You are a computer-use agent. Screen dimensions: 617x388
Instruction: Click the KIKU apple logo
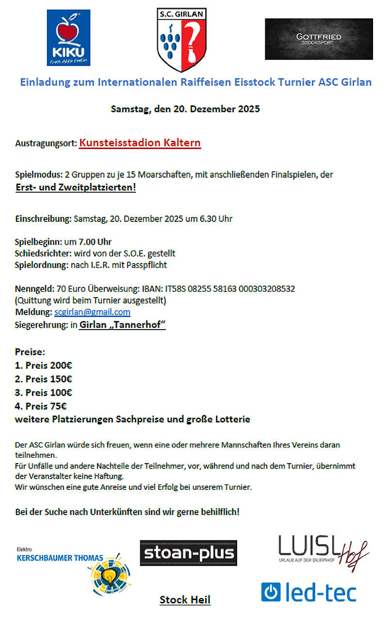[x=68, y=38]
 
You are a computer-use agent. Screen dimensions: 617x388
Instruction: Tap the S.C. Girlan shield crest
[x=182, y=40]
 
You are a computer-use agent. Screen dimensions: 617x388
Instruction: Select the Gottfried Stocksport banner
[x=319, y=39]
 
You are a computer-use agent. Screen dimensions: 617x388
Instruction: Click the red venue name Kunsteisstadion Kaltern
[x=140, y=143]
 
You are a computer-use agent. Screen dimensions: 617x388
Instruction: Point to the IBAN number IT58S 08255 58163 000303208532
[x=230, y=289]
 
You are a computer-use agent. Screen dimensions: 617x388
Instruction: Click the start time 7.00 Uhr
[x=92, y=242]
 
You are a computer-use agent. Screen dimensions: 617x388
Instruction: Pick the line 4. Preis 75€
[x=40, y=405]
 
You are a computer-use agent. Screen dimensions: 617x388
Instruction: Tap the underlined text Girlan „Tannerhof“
[x=122, y=325]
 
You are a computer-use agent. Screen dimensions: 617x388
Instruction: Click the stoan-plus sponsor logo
[x=188, y=553]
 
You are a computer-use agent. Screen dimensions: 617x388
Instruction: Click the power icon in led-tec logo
[x=271, y=592]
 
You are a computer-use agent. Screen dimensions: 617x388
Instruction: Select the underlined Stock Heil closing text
[x=185, y=600]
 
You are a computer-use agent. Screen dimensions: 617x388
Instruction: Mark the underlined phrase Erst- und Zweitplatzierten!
[x=76, y=187]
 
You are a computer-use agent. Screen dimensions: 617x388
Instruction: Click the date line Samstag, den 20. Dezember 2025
[x=185, y=109]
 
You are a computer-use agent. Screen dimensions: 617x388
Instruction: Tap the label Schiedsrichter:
[x=43, y=253]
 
